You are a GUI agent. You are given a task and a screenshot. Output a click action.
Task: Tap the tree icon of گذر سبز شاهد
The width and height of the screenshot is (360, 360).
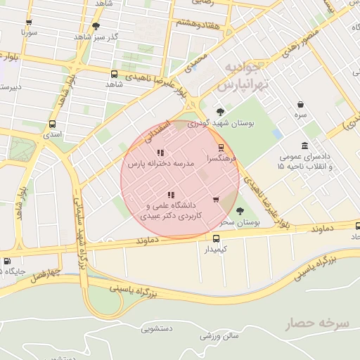(96, 26)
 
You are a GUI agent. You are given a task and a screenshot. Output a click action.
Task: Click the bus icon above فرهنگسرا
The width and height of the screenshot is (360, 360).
(221, 148)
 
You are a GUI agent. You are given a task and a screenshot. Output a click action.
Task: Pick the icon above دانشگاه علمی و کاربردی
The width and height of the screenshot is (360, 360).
(170, 195)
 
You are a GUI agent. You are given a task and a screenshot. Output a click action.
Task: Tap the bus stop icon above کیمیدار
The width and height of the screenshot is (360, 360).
(216, 238)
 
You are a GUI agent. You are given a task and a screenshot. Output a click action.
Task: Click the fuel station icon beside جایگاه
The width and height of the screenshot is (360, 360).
(7, 261)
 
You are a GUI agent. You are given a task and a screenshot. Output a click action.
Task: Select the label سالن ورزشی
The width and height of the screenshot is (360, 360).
(217, 335)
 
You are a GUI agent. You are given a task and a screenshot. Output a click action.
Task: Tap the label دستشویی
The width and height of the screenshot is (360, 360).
(157, 328)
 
